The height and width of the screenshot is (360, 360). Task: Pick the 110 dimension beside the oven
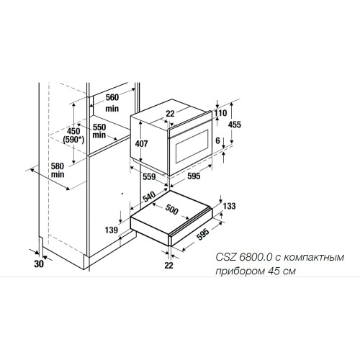[x=220, y=114]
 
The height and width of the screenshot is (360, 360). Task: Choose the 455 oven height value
[x=235, y=124]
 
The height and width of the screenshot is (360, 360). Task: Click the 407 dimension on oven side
[x=141, y=143]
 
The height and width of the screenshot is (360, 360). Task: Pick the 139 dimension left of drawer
[x=112, y=230]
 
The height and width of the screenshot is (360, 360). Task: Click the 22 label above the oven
[x=171, y=113]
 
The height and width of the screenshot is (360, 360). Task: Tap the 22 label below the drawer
[x=170, y=266]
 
